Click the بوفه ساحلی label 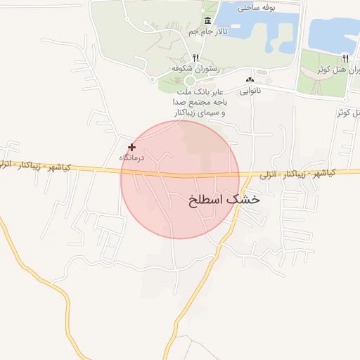tap(260, 8)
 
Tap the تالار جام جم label tap(207, 32)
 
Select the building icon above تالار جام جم tap(207, 22)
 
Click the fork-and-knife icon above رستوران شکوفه tap(196, 58)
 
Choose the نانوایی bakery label tap(250, 90)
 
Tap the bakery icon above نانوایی tap(250, 80)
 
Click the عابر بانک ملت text tap(199, 91)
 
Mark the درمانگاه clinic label tap(131, 157)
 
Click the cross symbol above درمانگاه tap(131, 148)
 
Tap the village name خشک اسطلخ tap(224, 200)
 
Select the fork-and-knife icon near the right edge tap(345, 58)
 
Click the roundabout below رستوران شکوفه tap(189, 82)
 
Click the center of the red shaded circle tap(180, 179)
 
